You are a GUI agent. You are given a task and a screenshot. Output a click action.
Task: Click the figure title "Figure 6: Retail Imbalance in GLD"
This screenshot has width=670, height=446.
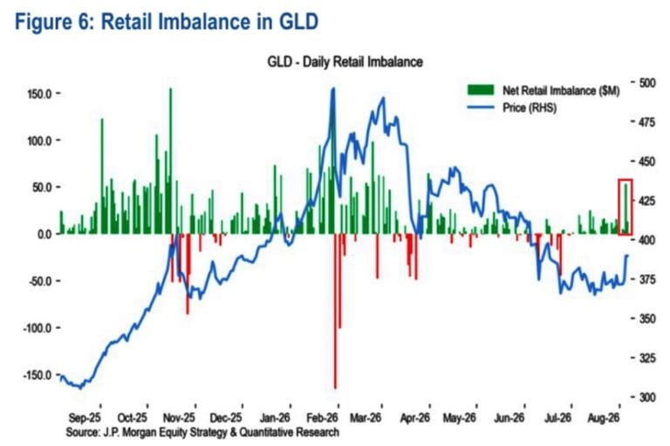pos(167,21)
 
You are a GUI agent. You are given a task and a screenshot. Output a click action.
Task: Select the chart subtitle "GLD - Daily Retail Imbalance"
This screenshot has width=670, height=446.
pos(345,62)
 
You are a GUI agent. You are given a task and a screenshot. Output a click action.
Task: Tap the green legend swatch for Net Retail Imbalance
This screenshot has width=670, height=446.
pos(481,90)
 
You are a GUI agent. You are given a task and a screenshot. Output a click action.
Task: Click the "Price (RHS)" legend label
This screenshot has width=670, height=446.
pos(530,107)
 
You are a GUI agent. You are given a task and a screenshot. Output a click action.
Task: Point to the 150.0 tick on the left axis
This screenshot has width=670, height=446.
pos(40,93)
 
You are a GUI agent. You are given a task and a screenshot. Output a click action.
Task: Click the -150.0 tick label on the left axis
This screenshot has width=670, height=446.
pos(38,375)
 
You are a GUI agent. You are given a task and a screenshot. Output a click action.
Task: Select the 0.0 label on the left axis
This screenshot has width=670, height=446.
pos(44,234)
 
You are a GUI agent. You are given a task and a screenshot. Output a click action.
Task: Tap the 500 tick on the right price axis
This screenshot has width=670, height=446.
pos(647,83)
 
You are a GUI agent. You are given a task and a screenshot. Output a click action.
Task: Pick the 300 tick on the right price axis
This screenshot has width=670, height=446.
pos(647,397)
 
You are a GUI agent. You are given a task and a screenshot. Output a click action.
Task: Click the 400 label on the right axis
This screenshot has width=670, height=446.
pos(647,240)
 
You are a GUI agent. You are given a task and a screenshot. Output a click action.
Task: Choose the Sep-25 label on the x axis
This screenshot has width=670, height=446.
pos(85,418)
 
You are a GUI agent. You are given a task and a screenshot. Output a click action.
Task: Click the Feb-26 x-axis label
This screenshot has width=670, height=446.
pos(322,418)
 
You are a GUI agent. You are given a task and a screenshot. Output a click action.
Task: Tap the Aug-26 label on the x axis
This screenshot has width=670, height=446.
pos(603,418)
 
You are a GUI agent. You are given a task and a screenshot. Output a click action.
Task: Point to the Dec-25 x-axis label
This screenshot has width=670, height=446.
pos(226,418)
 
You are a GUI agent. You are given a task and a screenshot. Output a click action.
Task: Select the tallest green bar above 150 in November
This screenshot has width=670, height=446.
pos(170,161)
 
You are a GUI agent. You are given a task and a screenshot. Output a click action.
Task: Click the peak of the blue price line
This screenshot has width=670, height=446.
pos(334,88)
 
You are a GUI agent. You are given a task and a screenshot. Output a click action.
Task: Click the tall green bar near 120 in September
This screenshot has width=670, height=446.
pos(102,176)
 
